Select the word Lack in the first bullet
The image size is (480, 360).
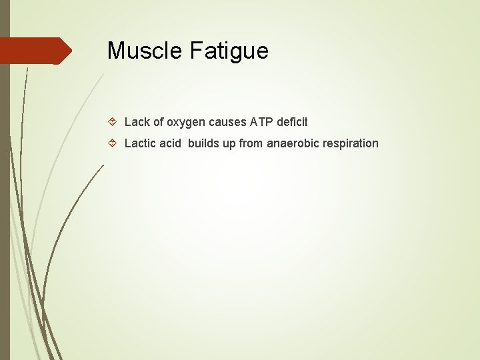pos(137,122)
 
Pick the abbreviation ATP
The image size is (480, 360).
pos(261,122)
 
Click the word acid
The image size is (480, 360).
pos(171,143)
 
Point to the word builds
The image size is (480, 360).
pos(203,143)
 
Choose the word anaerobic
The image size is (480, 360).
pos(294,143)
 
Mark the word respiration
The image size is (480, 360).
pos(352,144)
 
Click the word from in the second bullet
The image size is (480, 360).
pos(251,143)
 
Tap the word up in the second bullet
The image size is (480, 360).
pos(229,144)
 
